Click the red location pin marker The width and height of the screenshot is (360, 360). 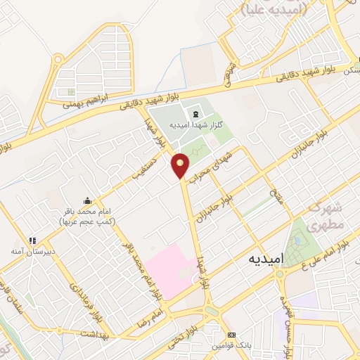181,165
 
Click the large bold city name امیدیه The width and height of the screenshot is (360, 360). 266,259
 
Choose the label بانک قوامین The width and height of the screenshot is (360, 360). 232,345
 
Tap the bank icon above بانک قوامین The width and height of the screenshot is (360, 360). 231,335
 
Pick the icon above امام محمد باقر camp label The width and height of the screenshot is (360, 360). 86,200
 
